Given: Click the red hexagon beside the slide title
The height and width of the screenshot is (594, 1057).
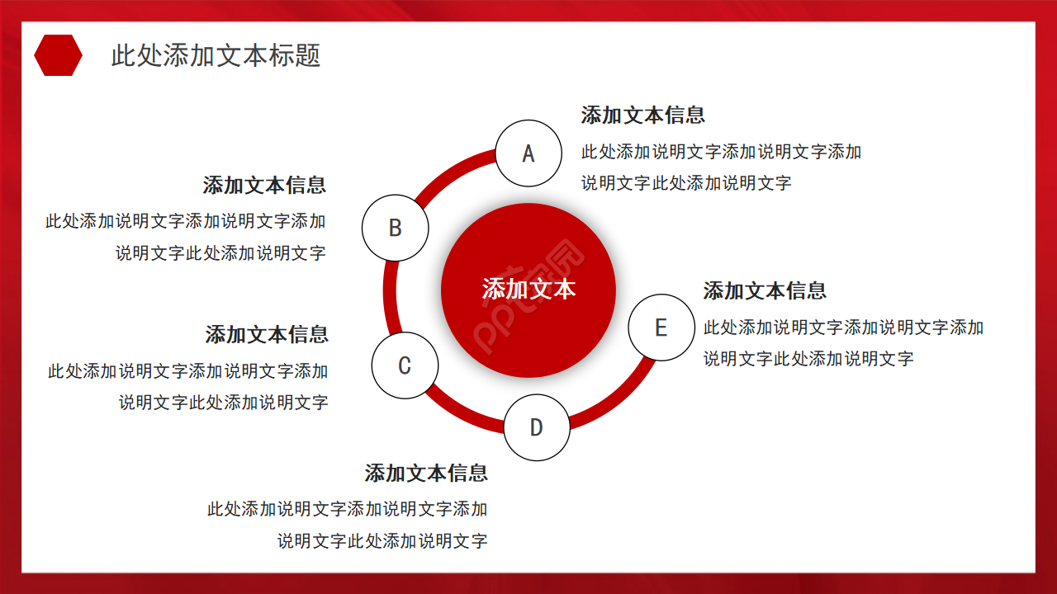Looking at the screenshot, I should [58, 55].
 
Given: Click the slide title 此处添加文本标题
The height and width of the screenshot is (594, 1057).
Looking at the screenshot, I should [216, 55].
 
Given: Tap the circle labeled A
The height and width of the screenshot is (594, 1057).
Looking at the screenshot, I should [528, 153].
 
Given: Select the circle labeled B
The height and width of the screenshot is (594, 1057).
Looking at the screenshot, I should [396, 228].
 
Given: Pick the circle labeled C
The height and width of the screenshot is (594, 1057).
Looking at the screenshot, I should [405, 365].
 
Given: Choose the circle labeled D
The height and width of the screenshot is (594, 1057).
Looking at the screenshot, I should [537, 427].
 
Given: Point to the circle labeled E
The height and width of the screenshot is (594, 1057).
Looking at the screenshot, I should [661, 328].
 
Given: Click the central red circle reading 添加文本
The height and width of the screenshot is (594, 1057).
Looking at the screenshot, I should [528, 290].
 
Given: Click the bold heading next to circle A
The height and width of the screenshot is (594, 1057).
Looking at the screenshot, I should [642, 115].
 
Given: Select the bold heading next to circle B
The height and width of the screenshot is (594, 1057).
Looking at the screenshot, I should [264, 186].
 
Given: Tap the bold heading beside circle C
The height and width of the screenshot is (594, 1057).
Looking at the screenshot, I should [267, 335].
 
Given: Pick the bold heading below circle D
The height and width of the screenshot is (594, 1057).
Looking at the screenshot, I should [426, 474].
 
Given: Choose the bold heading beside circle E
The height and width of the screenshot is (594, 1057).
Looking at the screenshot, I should [765, 291].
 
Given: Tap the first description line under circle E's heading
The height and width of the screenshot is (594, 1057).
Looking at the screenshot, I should [843, 328].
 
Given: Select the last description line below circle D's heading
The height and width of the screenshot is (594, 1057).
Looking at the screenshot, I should [382, 542].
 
